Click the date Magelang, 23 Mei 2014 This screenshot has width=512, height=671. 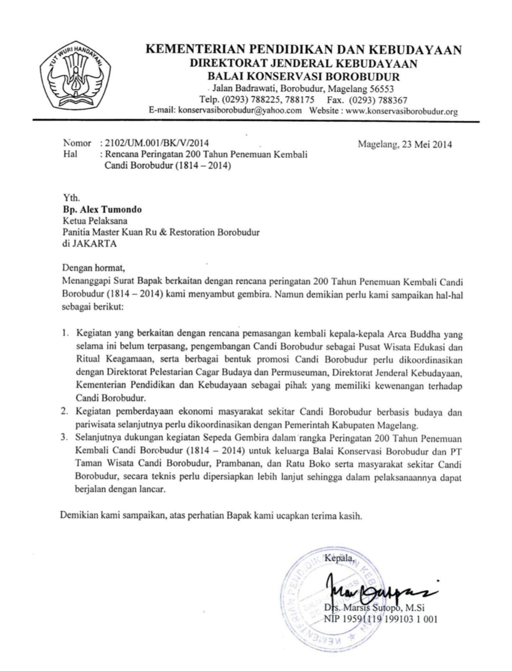point(404,145)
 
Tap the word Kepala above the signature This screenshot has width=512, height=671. point(339,558)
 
